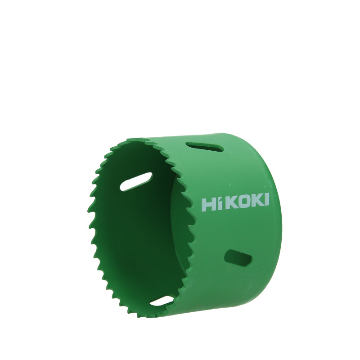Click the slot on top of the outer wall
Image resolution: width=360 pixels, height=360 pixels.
(x=205, y=147)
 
